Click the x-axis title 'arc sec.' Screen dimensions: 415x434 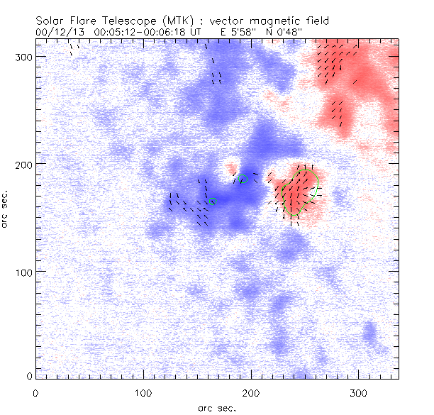(x=216, y=407)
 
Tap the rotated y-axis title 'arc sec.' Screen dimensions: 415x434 (x=6, y=209)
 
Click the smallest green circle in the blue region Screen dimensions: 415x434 (x=212, y=202)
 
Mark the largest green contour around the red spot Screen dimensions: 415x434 (x=317, y=183)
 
